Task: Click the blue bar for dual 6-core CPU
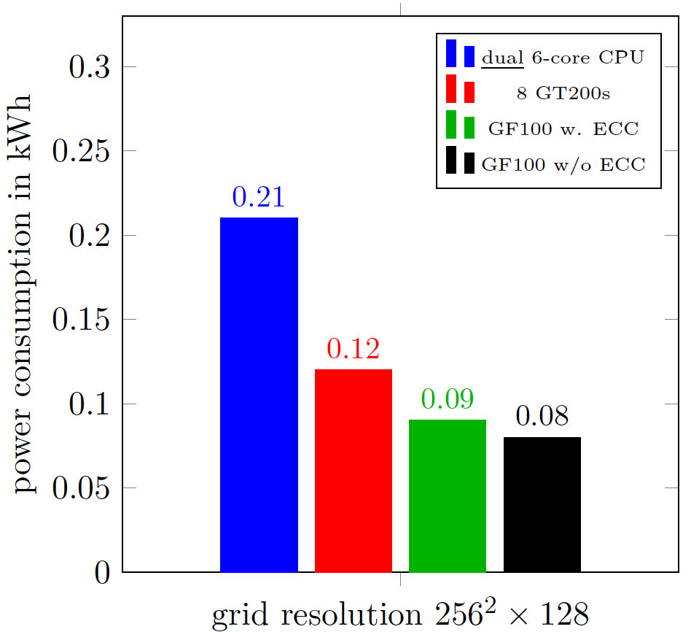(x=259, y=394)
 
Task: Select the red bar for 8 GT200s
(x=353, y=471)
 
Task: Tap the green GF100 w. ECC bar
(x=447, y=496)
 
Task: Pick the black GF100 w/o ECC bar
(x=542, y=504)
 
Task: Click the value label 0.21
(x=258, y=197)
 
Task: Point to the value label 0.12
(x=353, y=350)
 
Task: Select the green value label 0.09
(x=447, y=399)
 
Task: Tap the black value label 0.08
(x=542, y=417)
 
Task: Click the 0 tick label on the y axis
(x=103, y=573)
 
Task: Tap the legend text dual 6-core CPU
(x=563, y=58)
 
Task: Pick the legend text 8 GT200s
(x=563, y=93)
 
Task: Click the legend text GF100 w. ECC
(x=563, y=128)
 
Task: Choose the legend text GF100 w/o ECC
(x=563, y=164)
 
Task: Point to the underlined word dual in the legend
(x=502, y=58)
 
